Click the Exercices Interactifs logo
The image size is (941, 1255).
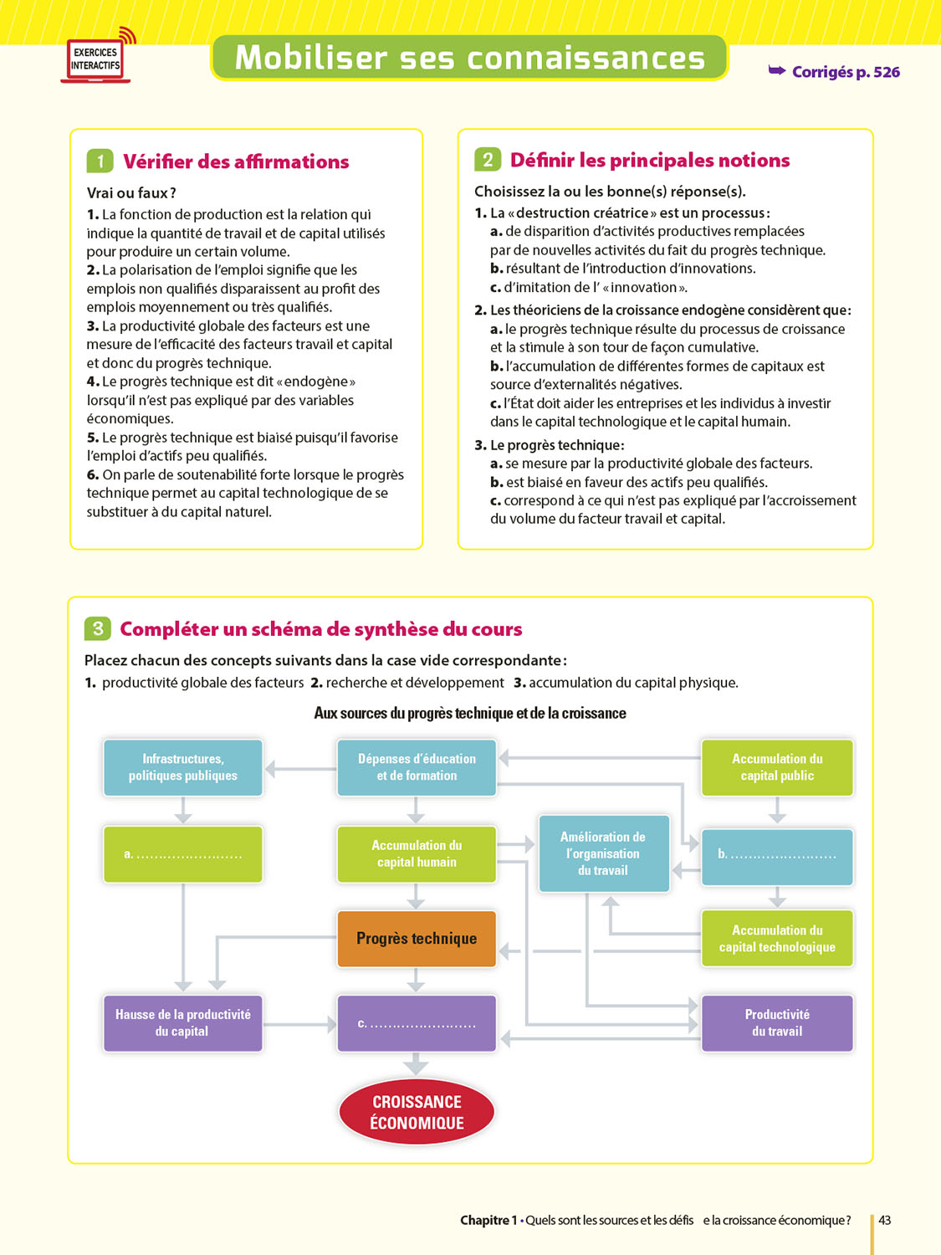(95, 59)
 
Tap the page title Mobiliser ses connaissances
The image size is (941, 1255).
(469, 58)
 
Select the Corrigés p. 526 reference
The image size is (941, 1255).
(835, 72)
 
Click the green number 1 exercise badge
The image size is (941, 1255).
(100, 161)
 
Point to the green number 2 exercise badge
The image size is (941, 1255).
(487, 160)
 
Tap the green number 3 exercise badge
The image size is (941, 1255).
(97, 628)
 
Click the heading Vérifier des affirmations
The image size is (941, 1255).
(236, 161)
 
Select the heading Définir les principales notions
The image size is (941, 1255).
(650, 160)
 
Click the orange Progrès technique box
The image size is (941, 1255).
(417, 939)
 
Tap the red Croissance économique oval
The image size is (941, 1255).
(417, 1112)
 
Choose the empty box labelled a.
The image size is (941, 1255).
(183, 854)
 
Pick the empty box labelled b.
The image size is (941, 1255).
(777, 855)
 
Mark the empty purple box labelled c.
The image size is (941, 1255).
(417, 1023)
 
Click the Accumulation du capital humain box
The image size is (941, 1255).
(417, 853)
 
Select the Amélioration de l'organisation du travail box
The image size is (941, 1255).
(603, 853)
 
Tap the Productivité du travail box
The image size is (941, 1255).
(777, 1022)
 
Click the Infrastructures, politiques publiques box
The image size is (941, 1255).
(183, 767)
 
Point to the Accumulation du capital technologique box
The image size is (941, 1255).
(777, 938)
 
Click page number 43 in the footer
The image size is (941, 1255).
(884, 1220)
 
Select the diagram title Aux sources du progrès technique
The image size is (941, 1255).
(470, 713)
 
